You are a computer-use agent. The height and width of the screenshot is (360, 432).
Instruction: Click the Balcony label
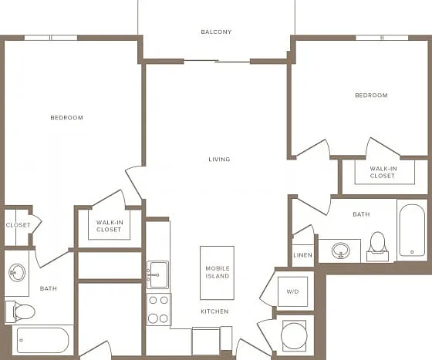click(216, 32)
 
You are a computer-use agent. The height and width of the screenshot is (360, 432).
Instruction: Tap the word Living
click(219, 160)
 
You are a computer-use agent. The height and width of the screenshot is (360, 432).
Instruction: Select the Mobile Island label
click(218, 272)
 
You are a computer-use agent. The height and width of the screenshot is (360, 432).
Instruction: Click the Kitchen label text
click(214, 311)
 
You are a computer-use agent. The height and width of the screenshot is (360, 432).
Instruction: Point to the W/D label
click(292, 291)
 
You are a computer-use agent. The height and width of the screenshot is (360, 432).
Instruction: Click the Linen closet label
click(302, 255)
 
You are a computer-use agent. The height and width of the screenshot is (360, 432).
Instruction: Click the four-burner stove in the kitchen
click(158, 309)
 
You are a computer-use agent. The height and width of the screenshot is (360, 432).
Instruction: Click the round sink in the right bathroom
click(341, 251)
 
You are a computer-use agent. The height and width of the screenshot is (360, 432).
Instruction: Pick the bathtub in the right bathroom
click(412, 230)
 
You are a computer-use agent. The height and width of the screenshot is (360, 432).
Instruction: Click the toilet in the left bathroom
click(20, 311)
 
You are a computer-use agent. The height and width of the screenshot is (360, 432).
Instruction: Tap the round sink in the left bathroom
click(17, 272)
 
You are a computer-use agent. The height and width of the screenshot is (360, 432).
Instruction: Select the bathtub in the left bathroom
click(42, 340)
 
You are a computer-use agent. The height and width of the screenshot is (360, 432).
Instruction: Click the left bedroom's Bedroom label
click(66, 118)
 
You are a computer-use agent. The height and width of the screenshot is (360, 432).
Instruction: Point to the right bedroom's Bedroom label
click(371, 96)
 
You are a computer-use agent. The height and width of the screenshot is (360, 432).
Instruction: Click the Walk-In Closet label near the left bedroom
click(109, 226)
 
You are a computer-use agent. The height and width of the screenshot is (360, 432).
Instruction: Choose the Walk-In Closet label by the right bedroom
click(383, 172)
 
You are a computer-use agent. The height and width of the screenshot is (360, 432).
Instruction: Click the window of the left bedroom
click(51, 38)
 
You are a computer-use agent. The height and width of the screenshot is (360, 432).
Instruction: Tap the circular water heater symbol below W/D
click(294, 336)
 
